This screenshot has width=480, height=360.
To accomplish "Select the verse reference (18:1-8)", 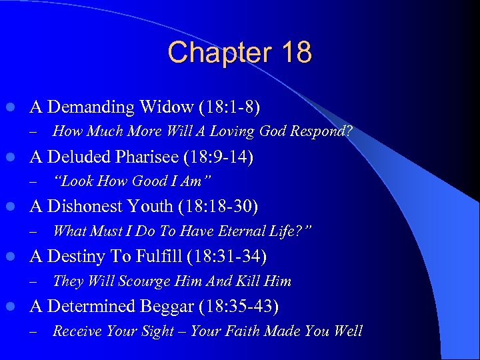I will [x=227, y=107].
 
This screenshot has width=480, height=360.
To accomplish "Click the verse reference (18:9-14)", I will [x=220, y=157].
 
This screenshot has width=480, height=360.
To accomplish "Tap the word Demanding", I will [x=91, y=107].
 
